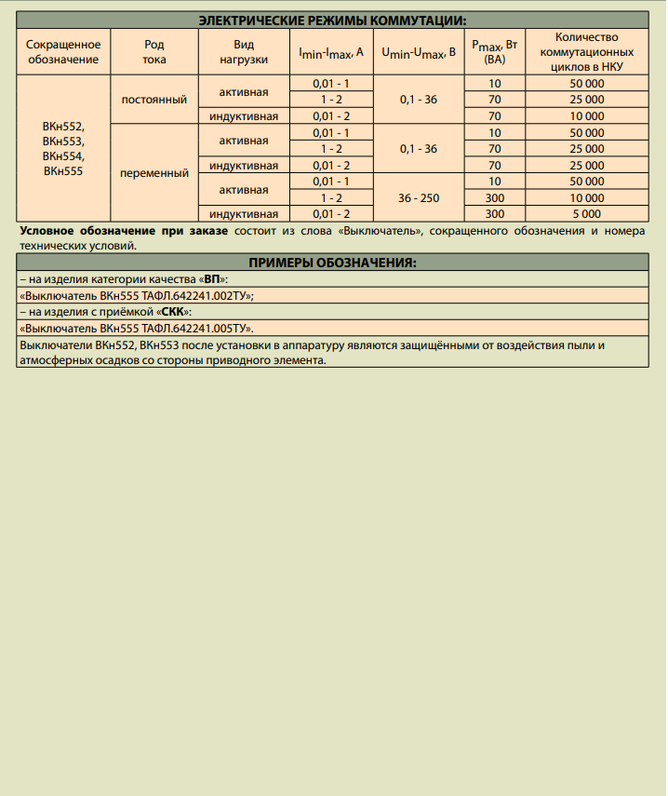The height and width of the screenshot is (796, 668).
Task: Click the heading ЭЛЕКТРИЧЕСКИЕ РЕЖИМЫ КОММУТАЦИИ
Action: coord(333,19)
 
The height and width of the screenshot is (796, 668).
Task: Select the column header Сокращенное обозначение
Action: coord(63,52)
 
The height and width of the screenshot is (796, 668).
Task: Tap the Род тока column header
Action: coord(154,52)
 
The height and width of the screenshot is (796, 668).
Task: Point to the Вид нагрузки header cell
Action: coord(244,52)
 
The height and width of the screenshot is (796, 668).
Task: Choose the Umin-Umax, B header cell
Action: coord(418,52)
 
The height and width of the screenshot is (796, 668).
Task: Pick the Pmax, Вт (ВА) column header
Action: coord(494,52)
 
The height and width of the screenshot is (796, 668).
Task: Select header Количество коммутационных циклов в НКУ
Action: coord(587,52)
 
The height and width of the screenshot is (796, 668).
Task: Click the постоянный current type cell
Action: coord(154,100)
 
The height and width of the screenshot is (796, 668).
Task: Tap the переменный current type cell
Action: coord(154,172)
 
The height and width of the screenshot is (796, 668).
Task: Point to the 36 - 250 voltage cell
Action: coord(418,197)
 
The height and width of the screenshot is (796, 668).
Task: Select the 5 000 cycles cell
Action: coord(587,213)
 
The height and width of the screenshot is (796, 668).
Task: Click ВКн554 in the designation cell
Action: coord(63,155)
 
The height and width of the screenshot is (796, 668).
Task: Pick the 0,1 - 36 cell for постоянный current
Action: coord(418,100)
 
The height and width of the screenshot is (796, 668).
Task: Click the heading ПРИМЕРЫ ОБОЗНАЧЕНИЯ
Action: coord(333,263)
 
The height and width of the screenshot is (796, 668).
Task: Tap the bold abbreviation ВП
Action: coord(213,279)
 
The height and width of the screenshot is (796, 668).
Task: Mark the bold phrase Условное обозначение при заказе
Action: coord(123,231)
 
